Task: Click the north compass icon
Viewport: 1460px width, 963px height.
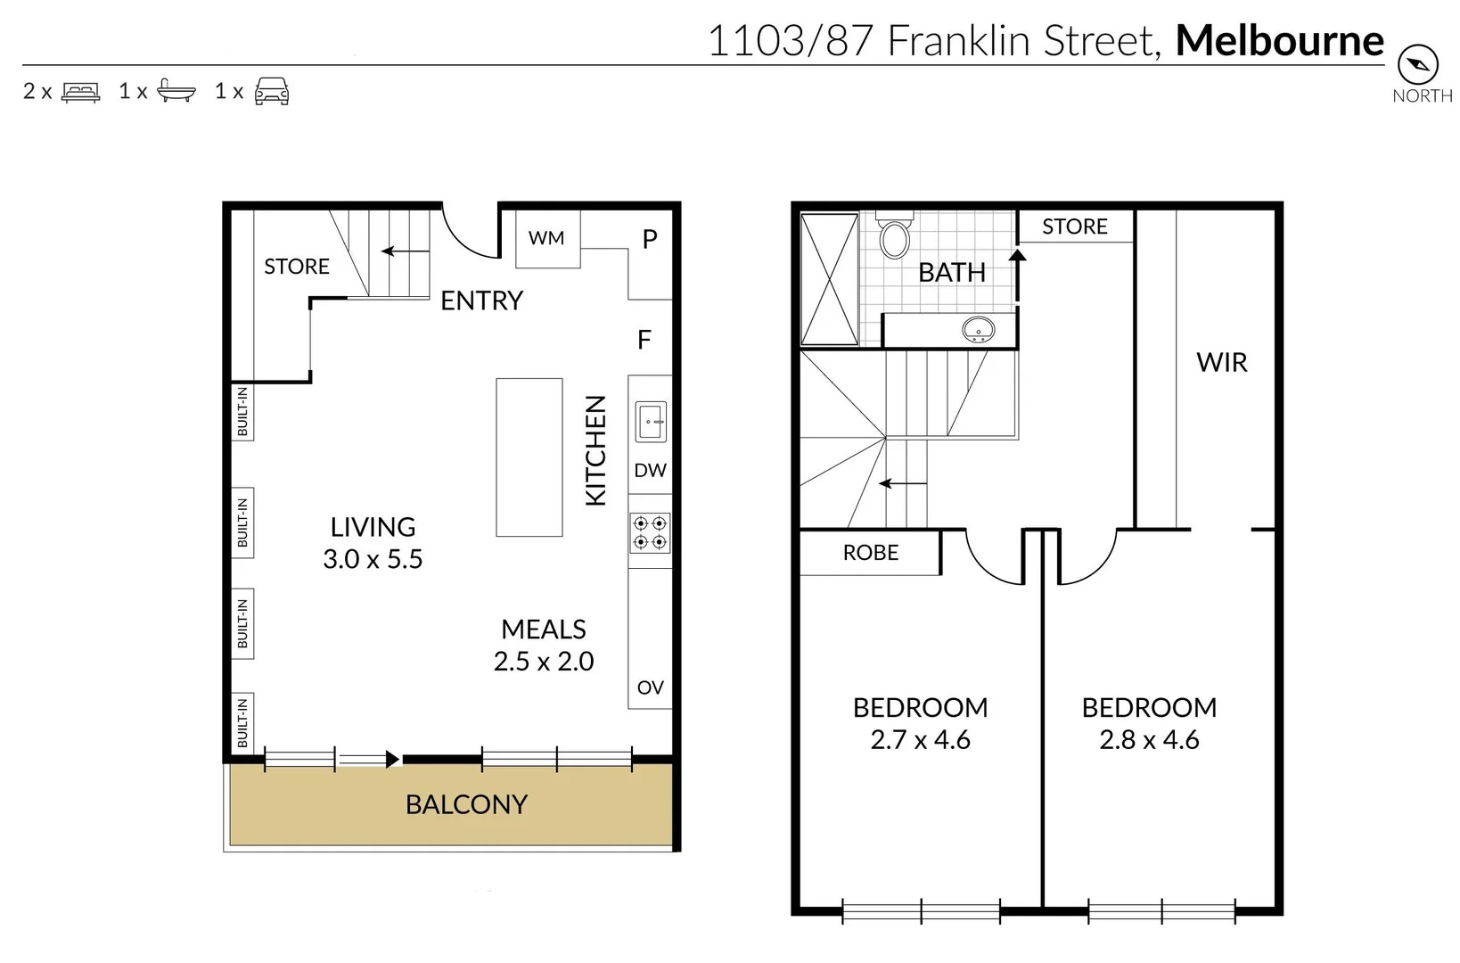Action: [x=1418, y=63]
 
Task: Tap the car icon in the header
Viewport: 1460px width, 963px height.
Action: [x=272, y=91]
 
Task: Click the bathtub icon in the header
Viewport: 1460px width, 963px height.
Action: [x=176, y=91]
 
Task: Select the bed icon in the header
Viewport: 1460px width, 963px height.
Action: [x=80, y=92]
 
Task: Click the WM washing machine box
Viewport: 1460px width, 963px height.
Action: [x=547, y=238]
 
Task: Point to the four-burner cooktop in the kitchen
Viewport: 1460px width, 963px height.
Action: [x=650, y=532]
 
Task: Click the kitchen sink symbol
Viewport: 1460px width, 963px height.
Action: [x=651, y=421]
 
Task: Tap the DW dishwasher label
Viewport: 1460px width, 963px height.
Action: [x=650, y=471]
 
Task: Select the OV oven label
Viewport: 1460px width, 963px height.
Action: [x=650, y=687]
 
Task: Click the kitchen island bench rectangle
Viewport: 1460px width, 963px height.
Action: [x=529, y=457]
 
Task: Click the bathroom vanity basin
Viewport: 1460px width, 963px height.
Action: [x=979, y=329]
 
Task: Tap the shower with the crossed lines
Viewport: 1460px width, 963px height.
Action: [x=829, y=279]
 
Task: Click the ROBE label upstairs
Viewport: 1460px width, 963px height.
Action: [x=871, y=553]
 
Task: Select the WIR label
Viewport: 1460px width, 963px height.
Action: [x=1221, y=363]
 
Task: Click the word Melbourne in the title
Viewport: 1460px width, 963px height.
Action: [x=1279, y=41]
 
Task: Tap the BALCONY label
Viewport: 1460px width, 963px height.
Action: [x=466, y=804]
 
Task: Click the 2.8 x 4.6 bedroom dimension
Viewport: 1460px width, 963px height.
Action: [x=1149, y=740]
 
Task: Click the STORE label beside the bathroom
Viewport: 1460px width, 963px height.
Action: [x=1075, y=226]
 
